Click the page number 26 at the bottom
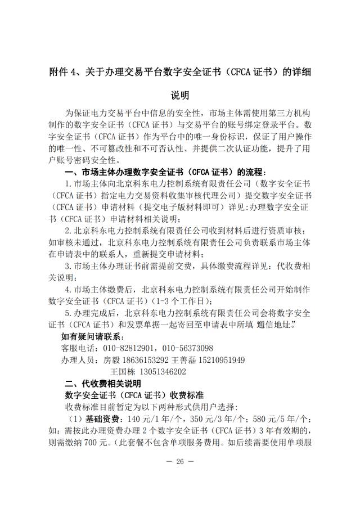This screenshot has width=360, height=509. click(180, 461)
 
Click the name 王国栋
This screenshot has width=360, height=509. click(124, 372)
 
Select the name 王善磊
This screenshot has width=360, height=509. click(181, 360)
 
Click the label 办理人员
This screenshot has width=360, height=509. click(78, 360)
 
